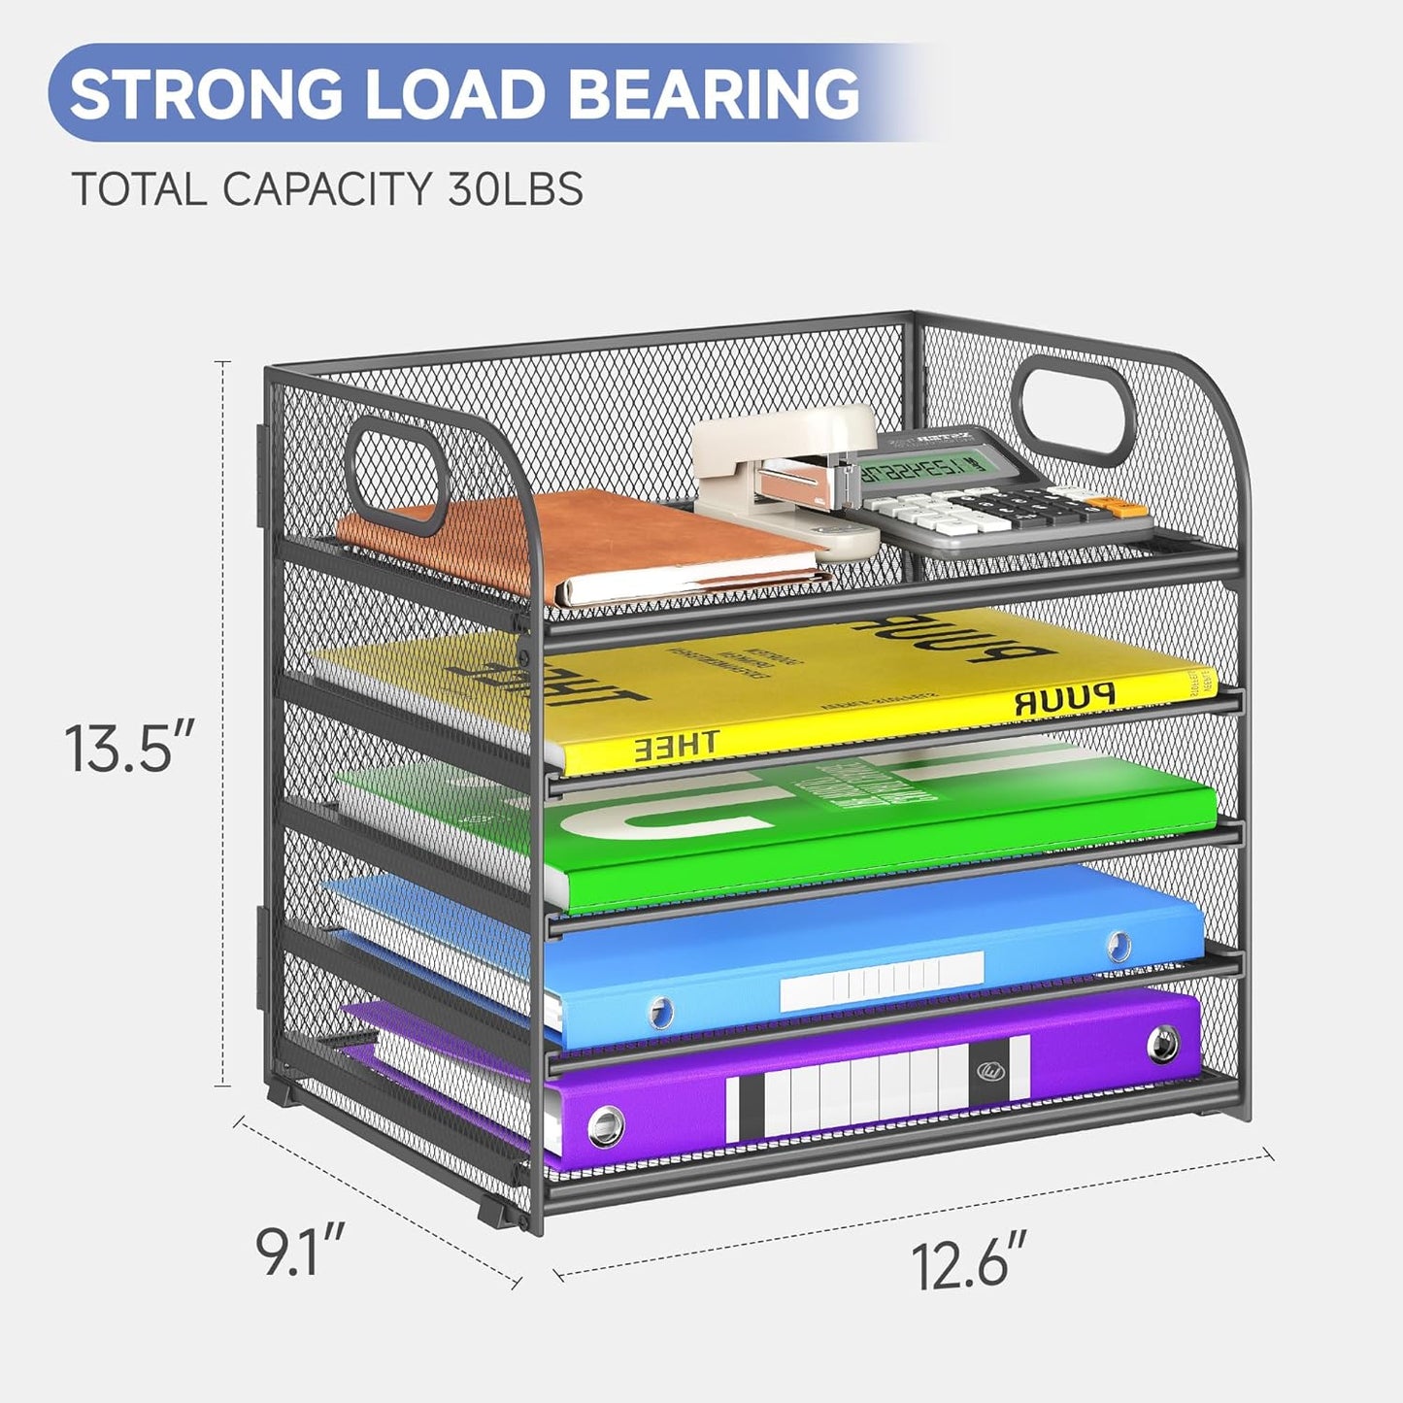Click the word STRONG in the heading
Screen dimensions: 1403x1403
[205, 94]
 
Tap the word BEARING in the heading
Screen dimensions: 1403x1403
[713, 94]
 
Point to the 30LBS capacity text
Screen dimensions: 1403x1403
[516, 188]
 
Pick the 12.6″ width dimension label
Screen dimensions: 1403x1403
[967, 1264]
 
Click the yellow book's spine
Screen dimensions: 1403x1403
[874, 723]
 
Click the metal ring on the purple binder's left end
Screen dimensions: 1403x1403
[606, 1125]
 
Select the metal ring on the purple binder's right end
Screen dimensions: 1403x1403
[1162, 1045]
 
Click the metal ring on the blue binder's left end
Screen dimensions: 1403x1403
[660, 1011]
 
